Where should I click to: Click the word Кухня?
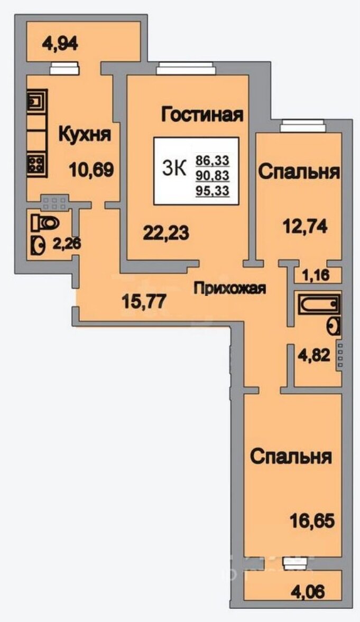tap(85, 134)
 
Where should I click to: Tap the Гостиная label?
tap(203, 114)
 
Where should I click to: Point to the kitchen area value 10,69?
tap(91, 170)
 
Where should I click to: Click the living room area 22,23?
tap(165, 232)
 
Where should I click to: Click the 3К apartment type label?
tap(174, 169)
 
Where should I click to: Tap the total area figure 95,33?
tap(213, 190)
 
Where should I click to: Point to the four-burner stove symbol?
tap(36, 164)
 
